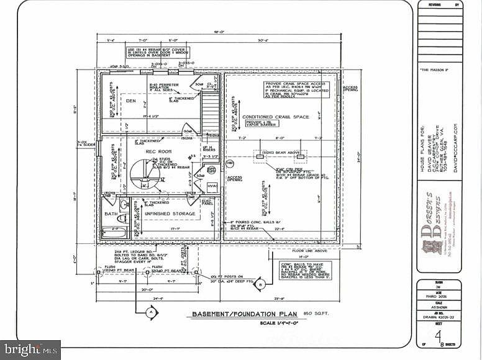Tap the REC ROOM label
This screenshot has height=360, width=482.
tap(158, 152)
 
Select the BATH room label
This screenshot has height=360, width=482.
tap(111, 214)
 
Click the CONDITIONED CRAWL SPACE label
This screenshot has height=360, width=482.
tap(275, 117)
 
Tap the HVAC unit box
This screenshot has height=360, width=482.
tap(212, 187)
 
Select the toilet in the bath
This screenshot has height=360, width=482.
tap(122, 218)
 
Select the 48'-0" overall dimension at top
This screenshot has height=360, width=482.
tap(219, 32)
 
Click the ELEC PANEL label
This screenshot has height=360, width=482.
tap(208, 202)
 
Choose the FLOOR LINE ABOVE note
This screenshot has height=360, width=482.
tap(300, 251)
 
